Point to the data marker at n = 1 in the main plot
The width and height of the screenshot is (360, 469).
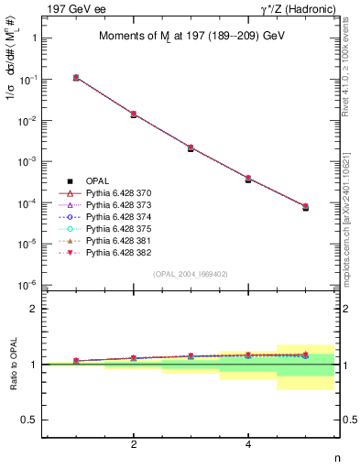point(76,78)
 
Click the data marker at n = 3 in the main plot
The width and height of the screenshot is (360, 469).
point(191,147)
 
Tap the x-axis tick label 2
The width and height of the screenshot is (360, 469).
point(134,445)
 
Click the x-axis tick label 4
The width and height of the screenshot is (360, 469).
point(248,445)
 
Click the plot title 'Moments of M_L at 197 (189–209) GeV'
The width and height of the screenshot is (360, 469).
point(190,37)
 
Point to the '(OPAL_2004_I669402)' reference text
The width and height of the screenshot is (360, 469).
point(190,273)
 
